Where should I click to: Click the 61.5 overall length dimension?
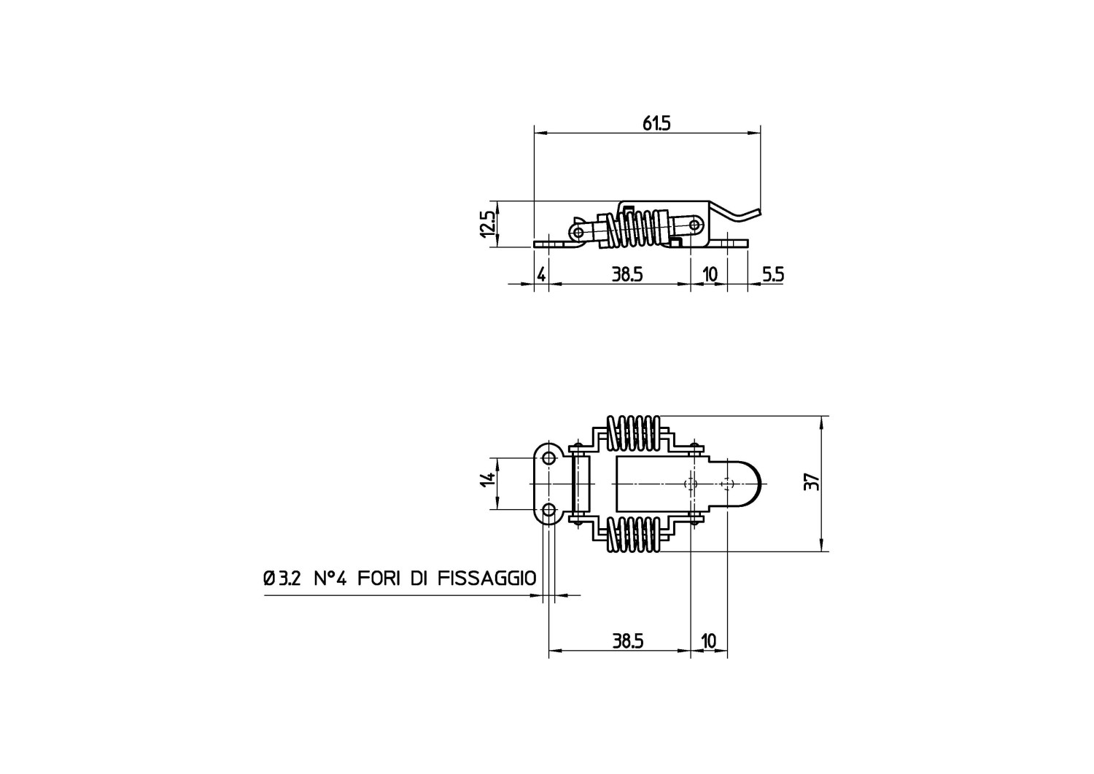pyautogui.click(x=656, y=124)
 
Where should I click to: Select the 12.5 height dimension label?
pyautogui.click(x=488, y=224)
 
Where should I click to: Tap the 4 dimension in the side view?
pyautogui.click(x=541, y=274)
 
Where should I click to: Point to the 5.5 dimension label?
pyautogui.click(x=773, y=274)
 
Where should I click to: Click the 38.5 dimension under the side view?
pyautogui.click(x=627, y=274)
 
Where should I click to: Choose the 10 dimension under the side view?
pyautogui.click(x=710, y=274)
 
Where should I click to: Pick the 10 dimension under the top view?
pyautogui.click(x=708, y=641)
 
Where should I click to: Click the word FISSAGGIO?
pyautogui.click(x=487, y=578)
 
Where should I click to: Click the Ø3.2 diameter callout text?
pyautogui.click(x=282, y=578)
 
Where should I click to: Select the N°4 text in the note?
pyautogui.click(x=330, y=578)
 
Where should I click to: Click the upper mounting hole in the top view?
pyautogui.click(x=549, y=458)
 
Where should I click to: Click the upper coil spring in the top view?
pyautogui.click(x=634, y=433)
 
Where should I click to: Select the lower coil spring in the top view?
pyautogui.click(x=634, y=534)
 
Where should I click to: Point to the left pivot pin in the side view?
pyautogui.click(x=578, y=231)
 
